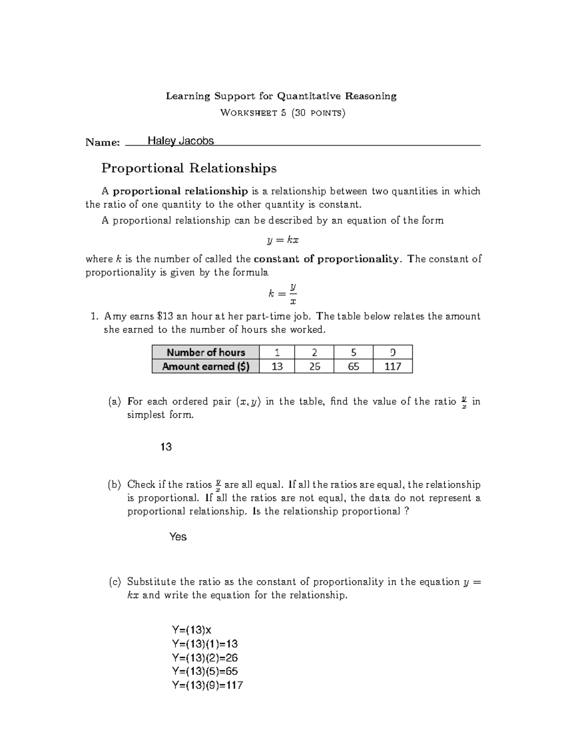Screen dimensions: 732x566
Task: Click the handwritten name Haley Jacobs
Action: [181, 141]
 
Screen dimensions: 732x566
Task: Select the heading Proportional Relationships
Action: [189, 168]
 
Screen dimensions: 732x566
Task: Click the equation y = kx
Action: [283, 240]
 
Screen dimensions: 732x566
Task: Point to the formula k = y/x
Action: [283, 294]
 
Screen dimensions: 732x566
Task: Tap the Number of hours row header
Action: [206, 353]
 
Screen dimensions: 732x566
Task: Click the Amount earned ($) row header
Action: [206, 366]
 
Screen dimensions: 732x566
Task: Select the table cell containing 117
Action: [392, 366]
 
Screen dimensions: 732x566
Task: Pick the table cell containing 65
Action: [353, 366]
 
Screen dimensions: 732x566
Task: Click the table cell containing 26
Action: [314, 366]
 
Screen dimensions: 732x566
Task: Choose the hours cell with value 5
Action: [353, 353]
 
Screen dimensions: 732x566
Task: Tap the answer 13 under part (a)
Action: [166, 447]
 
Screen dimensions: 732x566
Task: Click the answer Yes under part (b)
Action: [178, 537]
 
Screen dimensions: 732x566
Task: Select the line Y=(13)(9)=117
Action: [208, 685]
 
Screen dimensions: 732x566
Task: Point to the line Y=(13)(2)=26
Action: [205, 658]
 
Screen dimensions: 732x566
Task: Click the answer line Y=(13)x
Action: [192, 630]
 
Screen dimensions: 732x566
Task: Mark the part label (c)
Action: [115, 582]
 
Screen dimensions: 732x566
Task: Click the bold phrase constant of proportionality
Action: [326, 259]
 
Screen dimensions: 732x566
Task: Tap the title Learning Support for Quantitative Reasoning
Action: [281, 97]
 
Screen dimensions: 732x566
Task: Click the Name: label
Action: [102, 142]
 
